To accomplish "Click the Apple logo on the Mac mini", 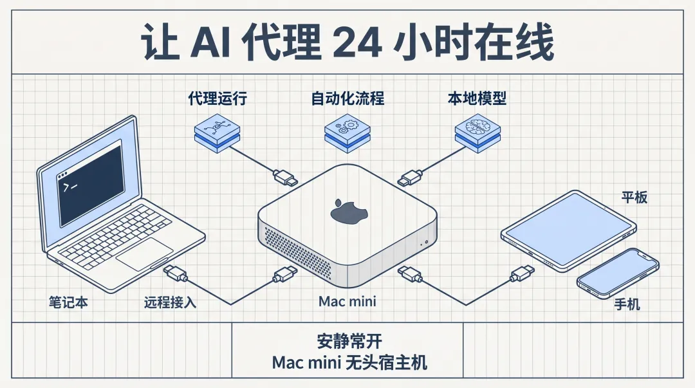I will (x=347, y=212).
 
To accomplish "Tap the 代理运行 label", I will (x=218, y=98).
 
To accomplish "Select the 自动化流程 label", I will (x=347, y=98).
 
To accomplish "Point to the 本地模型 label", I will (x=477, y=98).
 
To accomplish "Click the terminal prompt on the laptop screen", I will (x=69, y=187).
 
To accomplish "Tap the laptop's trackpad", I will (x=145, y=254).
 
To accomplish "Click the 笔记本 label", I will (x=68, y=302).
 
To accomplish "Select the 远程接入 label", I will (x=170, y=302).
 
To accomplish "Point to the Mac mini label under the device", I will (x=347, y=301).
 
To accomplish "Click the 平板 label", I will (x=634, y=197).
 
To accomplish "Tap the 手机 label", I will (x=627, y=304).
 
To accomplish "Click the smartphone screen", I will (x=618, y=273).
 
